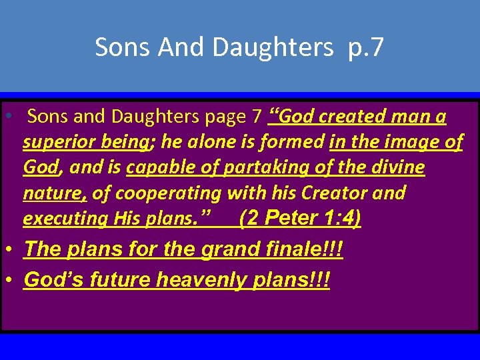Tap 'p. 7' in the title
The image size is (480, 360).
coord(366,47)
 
